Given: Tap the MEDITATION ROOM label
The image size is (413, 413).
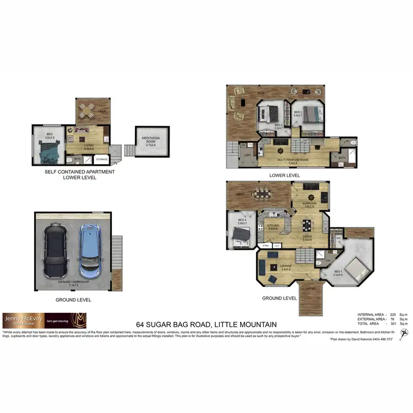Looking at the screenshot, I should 147,140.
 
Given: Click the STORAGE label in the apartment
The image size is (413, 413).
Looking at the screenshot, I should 102,160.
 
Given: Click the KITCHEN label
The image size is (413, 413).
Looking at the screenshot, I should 273,226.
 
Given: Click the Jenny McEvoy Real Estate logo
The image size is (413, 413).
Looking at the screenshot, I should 44,320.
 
